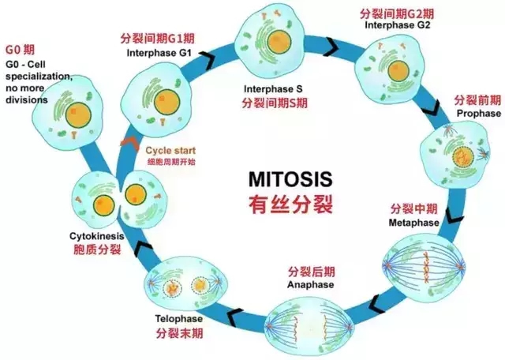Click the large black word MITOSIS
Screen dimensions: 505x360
290,179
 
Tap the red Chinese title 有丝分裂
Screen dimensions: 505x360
290,204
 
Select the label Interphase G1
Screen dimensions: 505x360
159,53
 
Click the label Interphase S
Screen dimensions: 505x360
273,89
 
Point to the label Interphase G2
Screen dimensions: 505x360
398,25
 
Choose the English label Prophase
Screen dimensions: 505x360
479,114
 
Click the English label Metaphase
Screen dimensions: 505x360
413,223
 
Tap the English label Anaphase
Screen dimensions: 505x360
310,285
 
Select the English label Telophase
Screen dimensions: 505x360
179,319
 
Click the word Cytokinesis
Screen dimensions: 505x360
96,236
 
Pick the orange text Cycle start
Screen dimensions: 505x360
170,151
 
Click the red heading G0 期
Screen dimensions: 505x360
20,50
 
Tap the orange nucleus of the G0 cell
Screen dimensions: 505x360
78,115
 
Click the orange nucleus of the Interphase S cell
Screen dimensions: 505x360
279,42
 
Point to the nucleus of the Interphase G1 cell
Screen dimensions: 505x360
166,103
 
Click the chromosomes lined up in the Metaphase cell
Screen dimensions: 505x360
427,268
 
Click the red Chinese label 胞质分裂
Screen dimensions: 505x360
97,249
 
